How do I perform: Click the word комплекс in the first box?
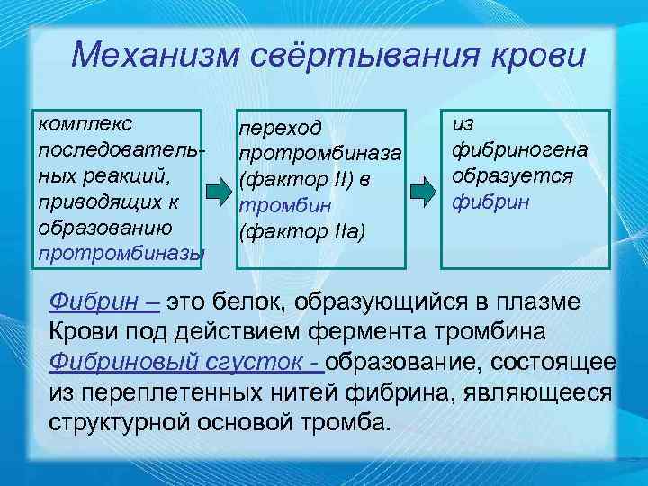tap(84, 121)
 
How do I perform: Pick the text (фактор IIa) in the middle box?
tap(301, 233)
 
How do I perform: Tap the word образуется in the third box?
tap(512, 173)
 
